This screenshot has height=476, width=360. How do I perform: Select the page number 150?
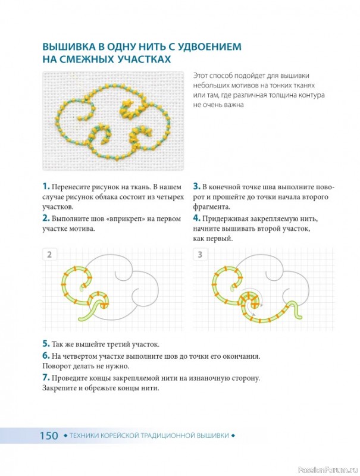click(49, 436)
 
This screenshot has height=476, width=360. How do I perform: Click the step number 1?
click(46, 186)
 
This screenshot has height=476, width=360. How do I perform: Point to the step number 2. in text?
click(46, 218)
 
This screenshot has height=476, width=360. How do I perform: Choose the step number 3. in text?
click(197, 186)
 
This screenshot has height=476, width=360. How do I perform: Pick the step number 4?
click(197, 218)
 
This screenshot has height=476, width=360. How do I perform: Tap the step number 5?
click(46, 344)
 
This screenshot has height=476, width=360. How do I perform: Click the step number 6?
click(46, 355)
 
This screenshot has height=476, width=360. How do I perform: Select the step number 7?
click(46, 378)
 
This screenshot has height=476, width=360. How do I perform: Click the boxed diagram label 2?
click(49, 255)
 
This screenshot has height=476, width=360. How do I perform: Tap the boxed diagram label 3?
click(200, 255)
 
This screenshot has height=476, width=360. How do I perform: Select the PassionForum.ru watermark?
click(328, 470)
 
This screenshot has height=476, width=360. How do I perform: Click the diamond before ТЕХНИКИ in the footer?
click(65, 436)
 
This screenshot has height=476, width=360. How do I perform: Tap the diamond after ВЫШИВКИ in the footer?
click(233, 436)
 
